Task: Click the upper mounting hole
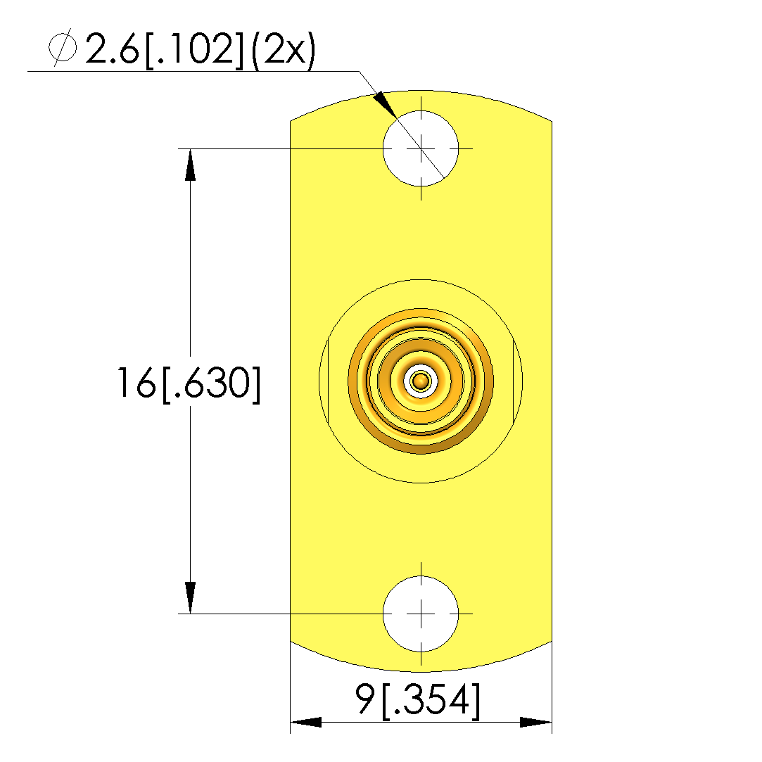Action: coord(421,148)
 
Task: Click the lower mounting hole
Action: coord(421,614)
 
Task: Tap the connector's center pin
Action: coord(421,381)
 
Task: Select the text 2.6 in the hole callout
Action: coord(113,48)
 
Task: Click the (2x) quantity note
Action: coord(284,49)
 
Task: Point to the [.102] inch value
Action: coord(194,49)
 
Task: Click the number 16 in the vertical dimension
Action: coord(136,383)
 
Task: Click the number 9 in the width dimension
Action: coord(365,699)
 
